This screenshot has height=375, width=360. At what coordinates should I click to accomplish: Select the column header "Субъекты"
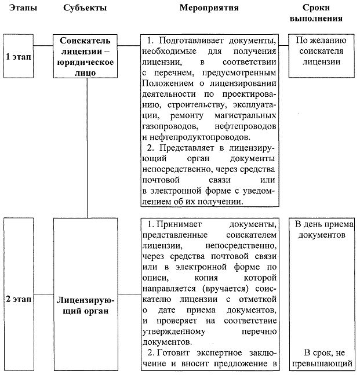click(x=85, y=9)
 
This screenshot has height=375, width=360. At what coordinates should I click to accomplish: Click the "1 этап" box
click(x=18, y=57)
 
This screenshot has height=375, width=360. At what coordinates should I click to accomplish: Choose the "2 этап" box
click(x=18, y=301)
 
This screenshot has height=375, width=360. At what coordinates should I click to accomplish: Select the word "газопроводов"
click(x=166, y=126)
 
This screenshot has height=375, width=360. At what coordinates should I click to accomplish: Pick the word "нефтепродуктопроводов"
click(x=200, y=137)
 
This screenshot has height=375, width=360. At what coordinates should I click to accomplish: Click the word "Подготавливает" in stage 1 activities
click(x=190, y=41)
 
